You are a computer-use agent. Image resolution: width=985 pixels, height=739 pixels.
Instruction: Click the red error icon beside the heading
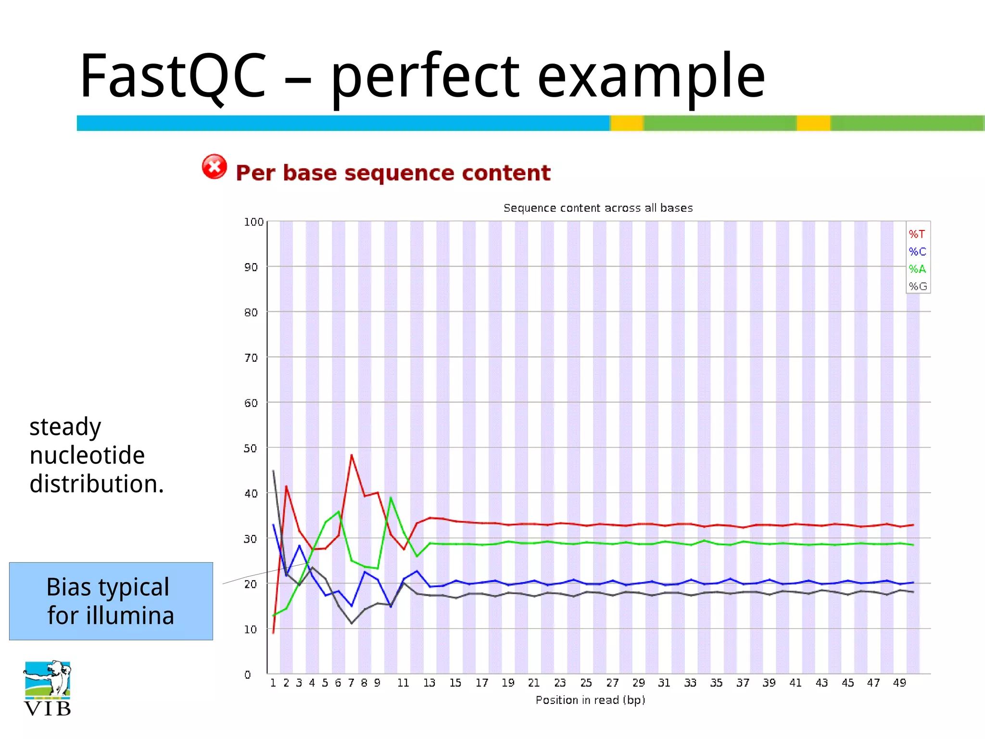tap(214, 167)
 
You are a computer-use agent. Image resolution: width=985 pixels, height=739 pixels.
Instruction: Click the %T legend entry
tap(917, 234)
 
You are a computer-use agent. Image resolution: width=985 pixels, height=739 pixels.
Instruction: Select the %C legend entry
tap(917, 252)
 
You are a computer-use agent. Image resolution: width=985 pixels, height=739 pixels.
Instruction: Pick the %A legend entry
tap(917, 269)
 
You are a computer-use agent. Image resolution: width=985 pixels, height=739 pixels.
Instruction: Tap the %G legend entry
tap(917, 286)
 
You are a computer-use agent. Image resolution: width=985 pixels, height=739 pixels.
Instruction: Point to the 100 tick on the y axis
tap(253, 222)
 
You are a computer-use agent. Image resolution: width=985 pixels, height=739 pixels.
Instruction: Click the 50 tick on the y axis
tap(251, 448)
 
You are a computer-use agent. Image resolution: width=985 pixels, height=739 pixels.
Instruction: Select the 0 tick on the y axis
tap(248, 675)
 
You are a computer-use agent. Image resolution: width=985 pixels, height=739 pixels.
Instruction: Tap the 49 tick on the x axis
tap(899, 683)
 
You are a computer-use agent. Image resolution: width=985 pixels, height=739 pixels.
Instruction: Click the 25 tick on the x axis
tap(586, 683)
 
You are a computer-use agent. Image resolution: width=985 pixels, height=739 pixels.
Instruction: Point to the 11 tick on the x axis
tap(403, 683)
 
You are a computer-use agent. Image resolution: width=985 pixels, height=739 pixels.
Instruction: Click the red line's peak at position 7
tap(352, 455)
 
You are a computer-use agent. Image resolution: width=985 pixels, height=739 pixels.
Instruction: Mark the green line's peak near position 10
tap(391, 498)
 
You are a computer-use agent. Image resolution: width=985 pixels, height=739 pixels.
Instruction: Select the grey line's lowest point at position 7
tap(352, 623)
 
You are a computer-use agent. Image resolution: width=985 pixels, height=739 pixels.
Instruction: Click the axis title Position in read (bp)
tap(590, 700)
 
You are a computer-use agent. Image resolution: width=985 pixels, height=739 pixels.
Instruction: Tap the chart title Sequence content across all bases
tap(598, 208)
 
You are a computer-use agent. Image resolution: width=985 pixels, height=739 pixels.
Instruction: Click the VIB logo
tap(47, 688)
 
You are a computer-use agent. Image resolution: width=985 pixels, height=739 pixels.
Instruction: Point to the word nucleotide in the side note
tap(87, 455)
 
